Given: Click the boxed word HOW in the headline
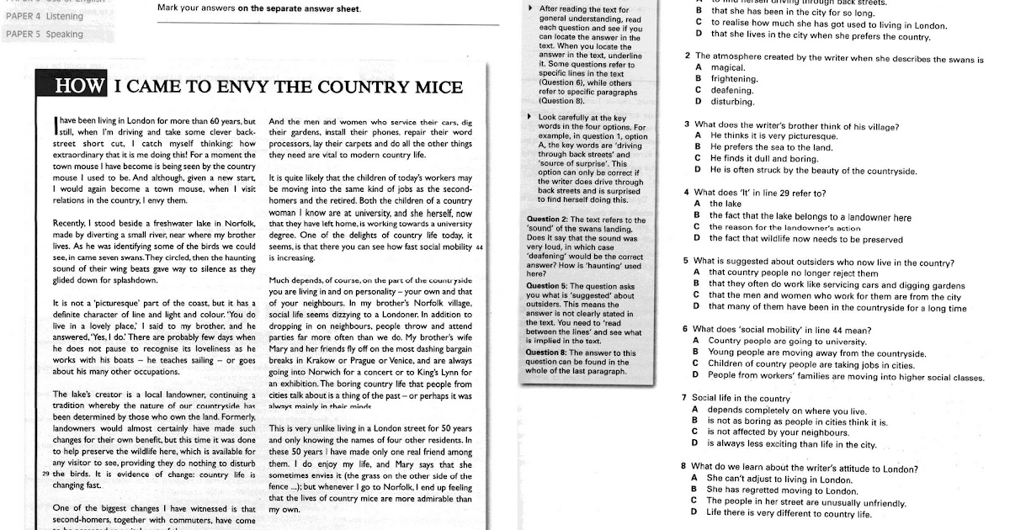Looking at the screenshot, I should point(80,86).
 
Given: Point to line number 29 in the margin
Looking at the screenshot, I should point(45,474).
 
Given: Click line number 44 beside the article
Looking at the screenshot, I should point(479,247).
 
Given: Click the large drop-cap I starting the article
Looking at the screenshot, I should point(55,126).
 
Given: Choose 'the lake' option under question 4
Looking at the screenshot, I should point(724,204).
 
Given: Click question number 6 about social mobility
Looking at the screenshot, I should point(686,329).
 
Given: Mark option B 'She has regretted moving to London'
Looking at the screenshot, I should point(772,490).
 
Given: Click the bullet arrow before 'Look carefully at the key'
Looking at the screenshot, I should point(529,116).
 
